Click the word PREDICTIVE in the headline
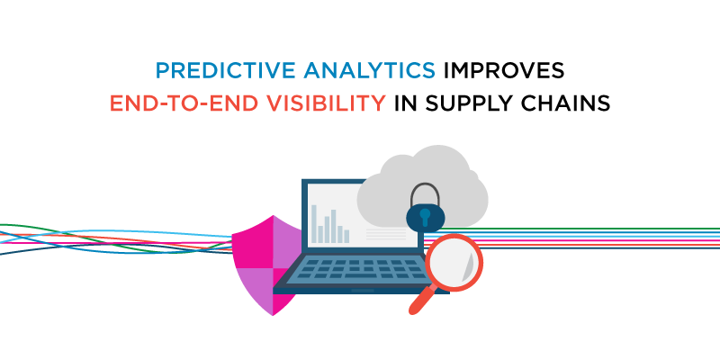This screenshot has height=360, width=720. (x=226, y=70)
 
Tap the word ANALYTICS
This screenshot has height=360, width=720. (x=369, y=70)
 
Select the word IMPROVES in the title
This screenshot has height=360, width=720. (x=504, y=70)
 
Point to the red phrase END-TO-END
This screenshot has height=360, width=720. (x=182, y=103)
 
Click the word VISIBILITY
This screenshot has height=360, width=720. (x=323, y=103)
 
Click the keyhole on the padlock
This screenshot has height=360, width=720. (x=425, y=217)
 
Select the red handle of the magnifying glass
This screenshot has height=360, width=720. (x=420, y=301)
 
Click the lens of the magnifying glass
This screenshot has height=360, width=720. (x=454, y=263)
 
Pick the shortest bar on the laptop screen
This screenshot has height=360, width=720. (x=320, y=234)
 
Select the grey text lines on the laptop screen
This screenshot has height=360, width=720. (x=386, y=234)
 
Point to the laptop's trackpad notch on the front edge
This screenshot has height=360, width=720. (x=363, y=291)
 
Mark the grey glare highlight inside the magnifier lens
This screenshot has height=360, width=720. (x=468, y=267)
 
